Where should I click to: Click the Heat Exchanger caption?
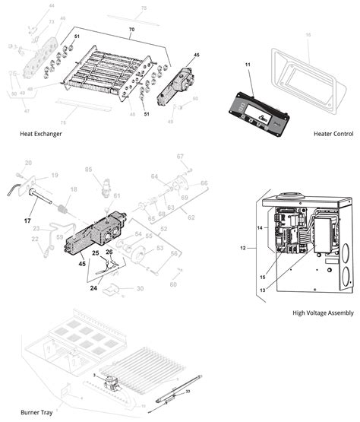[41, 133]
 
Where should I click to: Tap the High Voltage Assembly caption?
[324, 313]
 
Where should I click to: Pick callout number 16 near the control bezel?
[308, 35]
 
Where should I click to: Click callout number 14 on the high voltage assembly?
[259, 227]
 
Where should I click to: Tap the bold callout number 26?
[110, 252]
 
